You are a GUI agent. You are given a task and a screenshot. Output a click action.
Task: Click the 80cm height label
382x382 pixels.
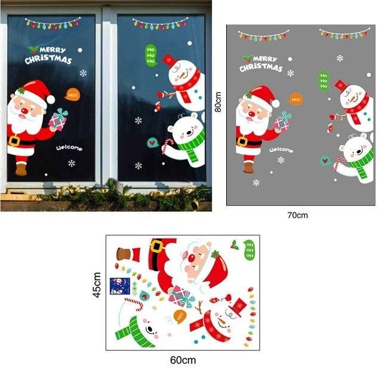(x=218, y=102)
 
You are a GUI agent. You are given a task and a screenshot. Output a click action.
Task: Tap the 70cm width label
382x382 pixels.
(x=297, y=215)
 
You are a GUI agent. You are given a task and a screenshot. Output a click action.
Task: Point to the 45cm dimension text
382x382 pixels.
(x=97, y=285)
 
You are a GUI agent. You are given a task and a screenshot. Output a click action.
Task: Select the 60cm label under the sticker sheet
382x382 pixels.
(x=183, y=360)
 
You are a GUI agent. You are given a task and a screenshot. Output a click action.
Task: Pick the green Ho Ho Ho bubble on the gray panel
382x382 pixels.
(x=324, y=81)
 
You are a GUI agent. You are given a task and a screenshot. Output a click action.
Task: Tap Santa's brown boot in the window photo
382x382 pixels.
(x=21, y=169)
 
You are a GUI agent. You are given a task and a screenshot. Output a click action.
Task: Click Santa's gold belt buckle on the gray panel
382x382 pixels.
(x=242, y=141)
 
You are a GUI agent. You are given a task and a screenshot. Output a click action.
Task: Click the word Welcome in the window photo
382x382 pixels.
(x=69, y=148)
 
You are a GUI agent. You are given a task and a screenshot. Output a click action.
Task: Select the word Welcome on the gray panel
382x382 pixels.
(x=281, y=150)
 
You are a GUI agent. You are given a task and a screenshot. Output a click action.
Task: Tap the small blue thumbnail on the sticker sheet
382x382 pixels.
(x=119, y=286)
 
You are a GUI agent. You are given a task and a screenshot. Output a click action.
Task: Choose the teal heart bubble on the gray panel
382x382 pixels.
(x=325, y=161)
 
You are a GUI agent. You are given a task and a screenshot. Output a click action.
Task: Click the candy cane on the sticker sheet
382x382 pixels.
(x=134, y=303)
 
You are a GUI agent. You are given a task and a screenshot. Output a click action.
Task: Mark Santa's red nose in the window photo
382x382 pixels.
(x=24, y=112)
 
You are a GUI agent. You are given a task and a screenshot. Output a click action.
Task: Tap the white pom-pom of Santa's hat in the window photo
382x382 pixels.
(x=51, y=100)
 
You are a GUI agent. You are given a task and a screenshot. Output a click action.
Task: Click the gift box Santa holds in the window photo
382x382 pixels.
(x=58, y=120)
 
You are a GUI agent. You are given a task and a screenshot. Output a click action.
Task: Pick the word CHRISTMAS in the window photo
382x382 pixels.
(x=48, y=60)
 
